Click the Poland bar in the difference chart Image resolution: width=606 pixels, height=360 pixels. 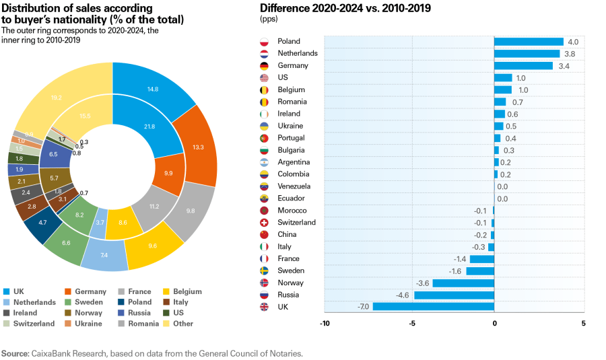(529, 42)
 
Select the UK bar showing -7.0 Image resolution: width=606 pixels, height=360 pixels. (433, 307)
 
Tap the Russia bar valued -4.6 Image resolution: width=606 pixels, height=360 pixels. (454, 295)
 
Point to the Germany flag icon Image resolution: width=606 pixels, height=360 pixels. (265, 66)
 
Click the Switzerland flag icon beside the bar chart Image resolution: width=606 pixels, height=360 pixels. (265, 223)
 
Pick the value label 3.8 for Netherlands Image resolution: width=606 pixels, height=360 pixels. (570, 54)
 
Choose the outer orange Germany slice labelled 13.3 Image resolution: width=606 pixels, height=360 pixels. (197, 147)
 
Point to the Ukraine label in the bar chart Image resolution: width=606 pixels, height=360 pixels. (290, 126)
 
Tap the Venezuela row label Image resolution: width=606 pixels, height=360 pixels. (294, 186)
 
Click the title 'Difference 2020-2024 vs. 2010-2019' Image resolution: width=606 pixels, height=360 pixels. (345, 8)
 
